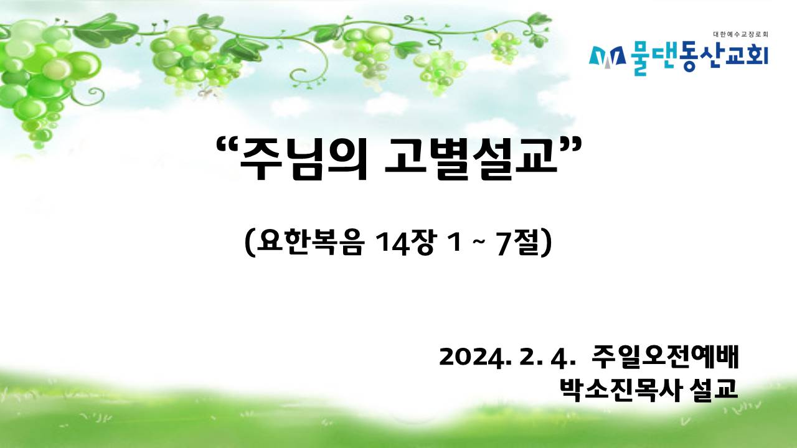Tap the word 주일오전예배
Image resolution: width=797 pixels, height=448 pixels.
coord(665,357)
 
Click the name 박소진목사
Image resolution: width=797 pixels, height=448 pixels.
coord(621,390)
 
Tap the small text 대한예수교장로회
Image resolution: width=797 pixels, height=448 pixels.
coord(740,34)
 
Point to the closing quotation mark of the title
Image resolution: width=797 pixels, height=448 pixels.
coord(570,146)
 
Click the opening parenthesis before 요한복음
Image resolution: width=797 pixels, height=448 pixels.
coord(250,243)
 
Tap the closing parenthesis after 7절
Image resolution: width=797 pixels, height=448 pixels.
coord(547,243)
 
